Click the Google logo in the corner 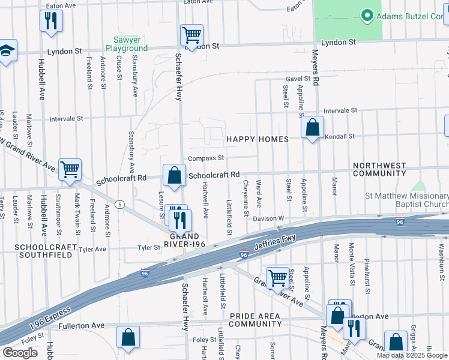[x=20, y=352]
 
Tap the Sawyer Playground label [x=127, y=44]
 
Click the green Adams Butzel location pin [x=366, y=15]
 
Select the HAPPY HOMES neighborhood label [x=257, y=139]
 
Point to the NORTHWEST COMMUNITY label [x=379, y=169]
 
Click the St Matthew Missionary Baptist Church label [x=406, y=200]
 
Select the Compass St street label [x=206, y=158]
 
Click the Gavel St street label [x=298, y=79]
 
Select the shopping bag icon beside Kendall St [x=312, y=127]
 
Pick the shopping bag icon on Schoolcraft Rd [x=174, y=175]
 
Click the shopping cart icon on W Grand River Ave [x=70, y=170]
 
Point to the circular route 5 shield [x=121, y=204]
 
